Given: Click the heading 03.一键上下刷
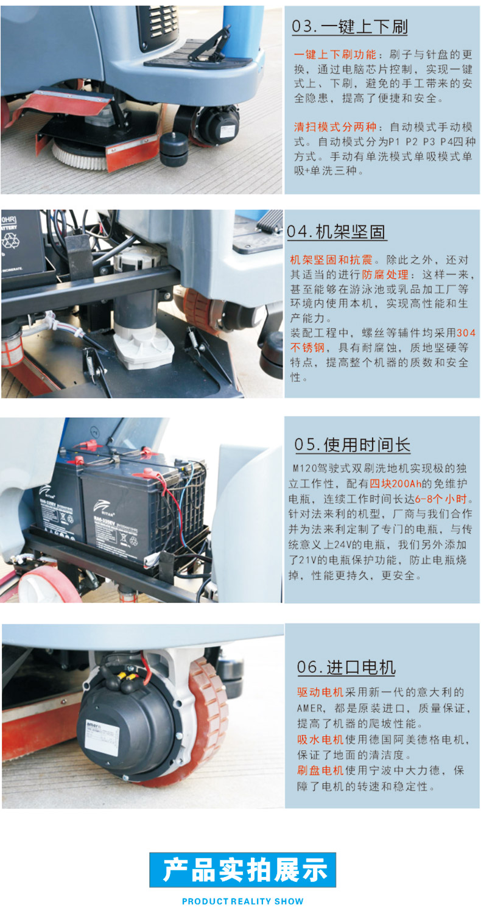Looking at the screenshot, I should (349, 27).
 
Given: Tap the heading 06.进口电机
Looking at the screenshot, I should (346, 667).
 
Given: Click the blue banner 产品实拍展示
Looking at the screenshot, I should (242, 870).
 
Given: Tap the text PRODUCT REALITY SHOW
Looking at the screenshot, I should (242, 901).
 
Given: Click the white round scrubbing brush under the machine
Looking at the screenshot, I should (79, 152).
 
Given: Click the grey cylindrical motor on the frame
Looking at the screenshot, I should (136, 305).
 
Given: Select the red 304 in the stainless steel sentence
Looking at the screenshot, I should (466, 333).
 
